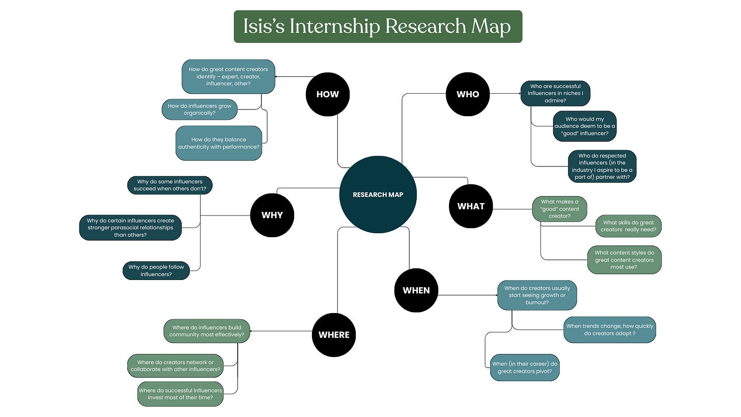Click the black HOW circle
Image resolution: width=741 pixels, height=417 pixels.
click(x=327, y=94)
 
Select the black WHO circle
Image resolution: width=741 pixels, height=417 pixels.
click(x=468, y=94)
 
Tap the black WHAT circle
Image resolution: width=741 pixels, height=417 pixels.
click(x=471, y=206)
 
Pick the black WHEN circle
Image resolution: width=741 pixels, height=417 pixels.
click(x=416, y=290)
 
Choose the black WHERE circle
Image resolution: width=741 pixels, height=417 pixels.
click(x=334, y=335)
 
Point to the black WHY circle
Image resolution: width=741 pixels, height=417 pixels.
click(x=272, y=215)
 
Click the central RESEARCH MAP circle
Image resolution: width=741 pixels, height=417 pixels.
click(x=378, y=194)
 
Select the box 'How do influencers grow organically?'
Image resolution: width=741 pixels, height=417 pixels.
click(x=199, y=109)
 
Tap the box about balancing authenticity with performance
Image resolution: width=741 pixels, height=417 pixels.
click(x=219, y=143)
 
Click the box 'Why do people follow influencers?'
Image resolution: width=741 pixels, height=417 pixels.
click(x=156, y=271)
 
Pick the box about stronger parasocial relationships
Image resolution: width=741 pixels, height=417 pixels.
click(x=130, y=228)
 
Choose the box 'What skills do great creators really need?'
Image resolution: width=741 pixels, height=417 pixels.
click(x=629, y=226)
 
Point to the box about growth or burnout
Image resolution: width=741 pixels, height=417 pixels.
click(x=537, y=295)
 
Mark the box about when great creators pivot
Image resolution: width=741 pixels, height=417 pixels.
click(x=525, y=368)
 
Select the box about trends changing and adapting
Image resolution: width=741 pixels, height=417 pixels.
click(x=609, y=329)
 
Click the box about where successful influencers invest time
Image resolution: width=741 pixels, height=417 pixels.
click(x=180, y=394)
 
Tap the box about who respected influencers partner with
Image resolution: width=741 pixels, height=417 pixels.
click(x=602, y=166)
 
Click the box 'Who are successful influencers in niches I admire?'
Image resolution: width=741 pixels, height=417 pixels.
click(x=555, y=93)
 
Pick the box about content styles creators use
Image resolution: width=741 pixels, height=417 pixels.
click(x=624, y=260)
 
